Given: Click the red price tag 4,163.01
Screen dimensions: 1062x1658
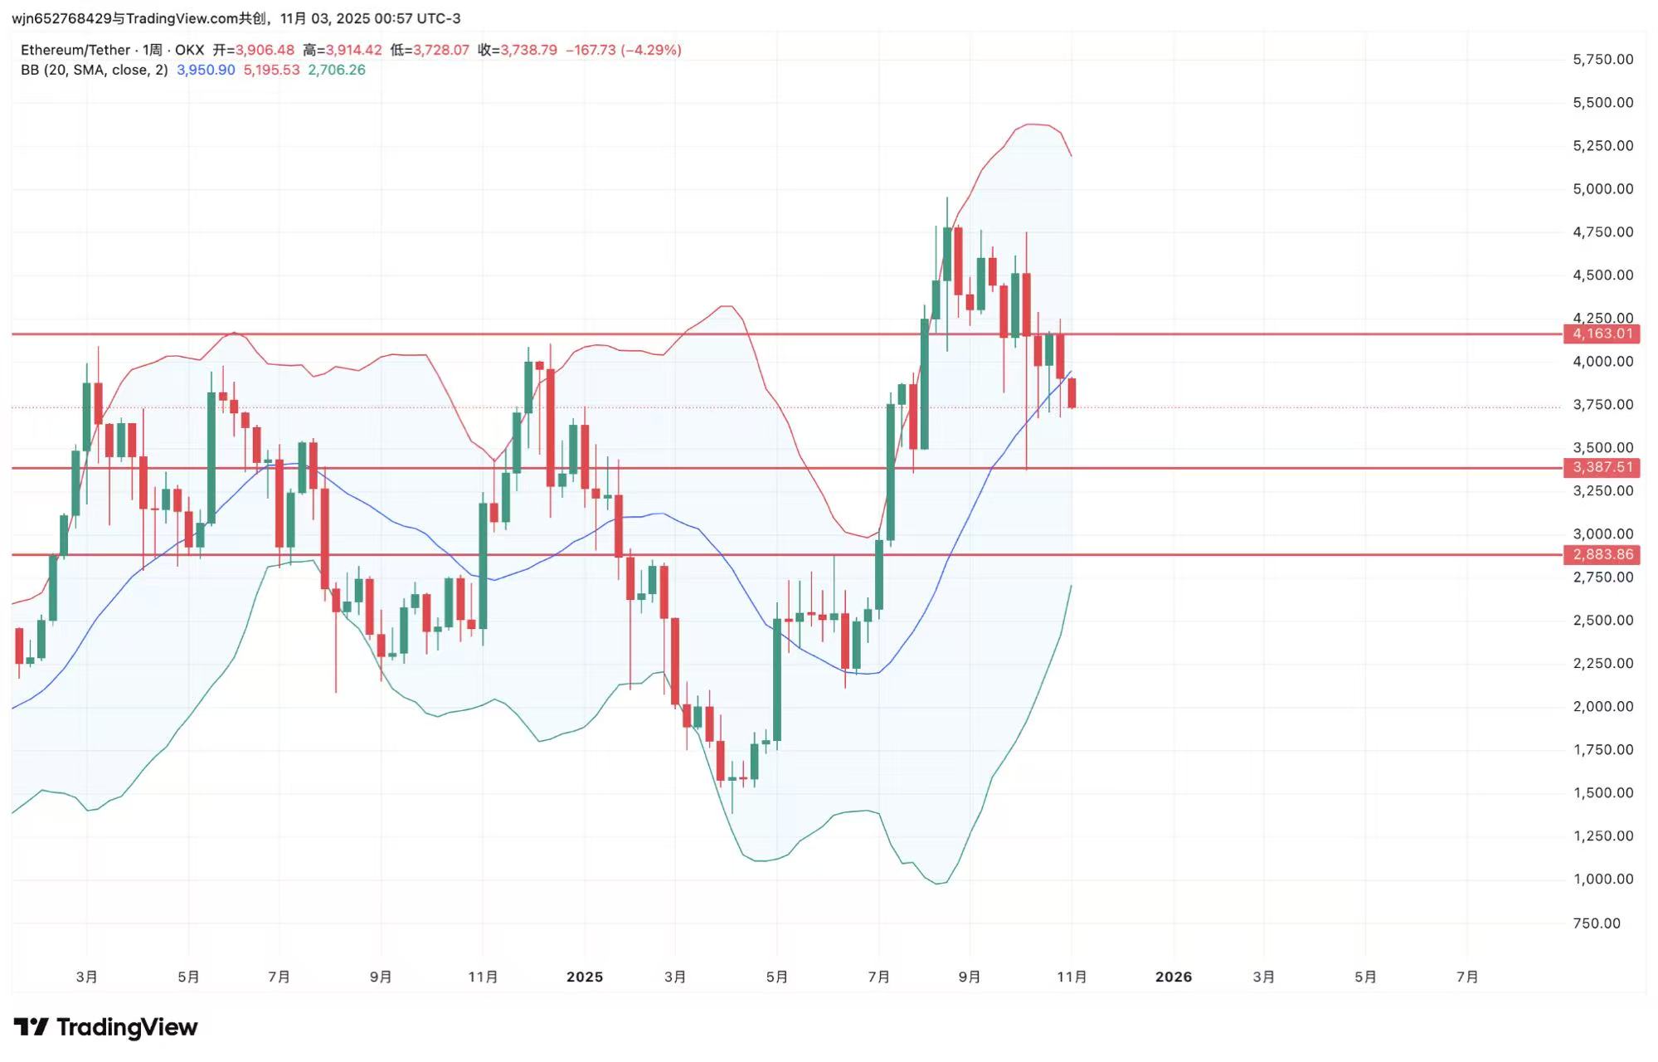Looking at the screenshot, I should (1602, 334).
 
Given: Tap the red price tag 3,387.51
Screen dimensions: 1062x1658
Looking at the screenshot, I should (1602, 467).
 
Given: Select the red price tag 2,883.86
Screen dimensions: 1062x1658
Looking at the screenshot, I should (1602, 554).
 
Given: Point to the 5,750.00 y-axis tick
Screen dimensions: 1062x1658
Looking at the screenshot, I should (1602, 59).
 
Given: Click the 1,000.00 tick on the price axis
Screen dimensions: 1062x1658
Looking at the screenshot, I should (1602, 879).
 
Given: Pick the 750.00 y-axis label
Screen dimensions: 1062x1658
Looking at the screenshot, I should (1596, 923).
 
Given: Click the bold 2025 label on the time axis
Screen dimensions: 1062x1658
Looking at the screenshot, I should (584, 977).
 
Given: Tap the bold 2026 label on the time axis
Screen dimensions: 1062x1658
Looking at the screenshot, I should (1173, 977).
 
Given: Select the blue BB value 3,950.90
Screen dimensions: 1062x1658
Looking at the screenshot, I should (206, 70).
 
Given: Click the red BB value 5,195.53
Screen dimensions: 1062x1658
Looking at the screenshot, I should (271, 70).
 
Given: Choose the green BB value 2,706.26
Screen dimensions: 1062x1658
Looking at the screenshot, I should (336, 70).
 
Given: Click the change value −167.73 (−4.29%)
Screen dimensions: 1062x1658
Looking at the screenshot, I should (623, 50).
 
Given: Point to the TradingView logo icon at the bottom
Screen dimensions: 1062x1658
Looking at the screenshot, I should (32, 1027).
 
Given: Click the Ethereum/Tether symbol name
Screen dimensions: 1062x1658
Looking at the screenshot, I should (75, 50).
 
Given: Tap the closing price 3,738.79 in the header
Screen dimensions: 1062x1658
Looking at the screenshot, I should (528, 50).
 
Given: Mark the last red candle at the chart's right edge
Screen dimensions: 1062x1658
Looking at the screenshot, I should (1072, 392).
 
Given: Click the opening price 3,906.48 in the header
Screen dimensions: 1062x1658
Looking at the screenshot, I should (265, 50).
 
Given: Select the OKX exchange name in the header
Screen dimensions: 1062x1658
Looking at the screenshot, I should (189, 50).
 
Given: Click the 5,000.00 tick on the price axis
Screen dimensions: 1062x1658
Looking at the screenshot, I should (1602, 188).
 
